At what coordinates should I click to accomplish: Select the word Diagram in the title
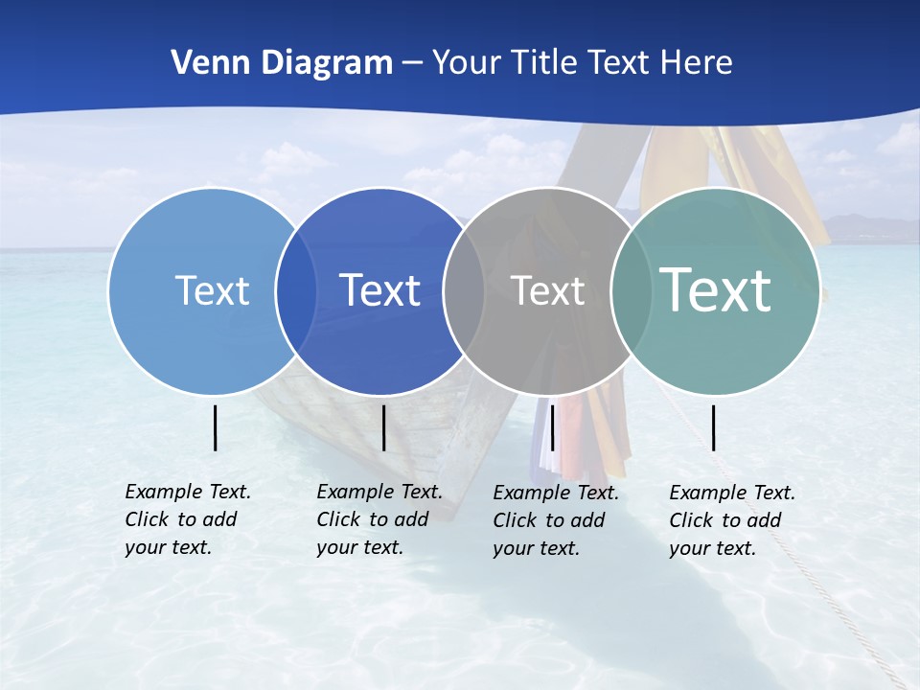[329, 63]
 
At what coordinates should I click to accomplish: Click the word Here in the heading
[697, 63]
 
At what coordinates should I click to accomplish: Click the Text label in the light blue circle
[212, 290]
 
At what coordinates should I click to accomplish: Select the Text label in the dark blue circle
[380, 290]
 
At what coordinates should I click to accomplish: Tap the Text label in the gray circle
[547, 290]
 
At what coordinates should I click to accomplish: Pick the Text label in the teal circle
[716, 289]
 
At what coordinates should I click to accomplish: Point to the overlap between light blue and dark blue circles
[296, 290]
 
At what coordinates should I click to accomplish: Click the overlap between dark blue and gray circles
[464, 290]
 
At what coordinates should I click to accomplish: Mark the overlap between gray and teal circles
[632, 290]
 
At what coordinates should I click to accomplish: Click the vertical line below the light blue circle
[216, 427]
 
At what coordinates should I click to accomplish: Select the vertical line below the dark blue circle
[383, 427]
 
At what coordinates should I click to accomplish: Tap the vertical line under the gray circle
[553, 427]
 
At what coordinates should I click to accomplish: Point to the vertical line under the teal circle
[714, 427]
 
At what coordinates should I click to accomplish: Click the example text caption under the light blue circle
[188, 519]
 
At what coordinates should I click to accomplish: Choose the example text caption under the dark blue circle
[379, 519]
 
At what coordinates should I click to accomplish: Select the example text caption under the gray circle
[556, 520]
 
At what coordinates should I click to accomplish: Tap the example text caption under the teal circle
[732, 520]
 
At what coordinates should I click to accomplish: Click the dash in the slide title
[412, 64]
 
